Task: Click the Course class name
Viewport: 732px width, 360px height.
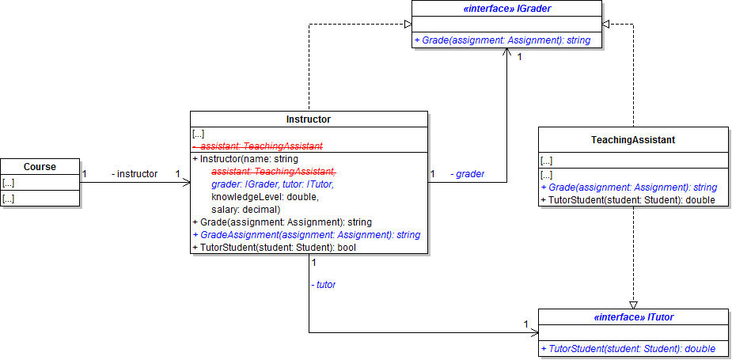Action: (40, 167)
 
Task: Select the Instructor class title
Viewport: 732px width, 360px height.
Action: (309, 119)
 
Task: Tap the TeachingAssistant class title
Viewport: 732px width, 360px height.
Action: (633, 140)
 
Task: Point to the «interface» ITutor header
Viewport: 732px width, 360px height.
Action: (633, 317)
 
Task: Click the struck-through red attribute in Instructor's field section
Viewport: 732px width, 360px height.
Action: (261, 146)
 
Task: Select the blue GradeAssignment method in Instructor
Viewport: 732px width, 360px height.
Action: (306, 235)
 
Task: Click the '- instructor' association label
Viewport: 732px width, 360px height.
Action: (135, 173)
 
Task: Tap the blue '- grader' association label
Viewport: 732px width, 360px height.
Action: (468, 173)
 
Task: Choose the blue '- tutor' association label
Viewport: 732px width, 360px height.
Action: (324, 283)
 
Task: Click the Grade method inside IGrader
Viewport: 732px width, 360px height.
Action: (502, 40)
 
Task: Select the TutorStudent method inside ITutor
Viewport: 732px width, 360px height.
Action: (628, 348)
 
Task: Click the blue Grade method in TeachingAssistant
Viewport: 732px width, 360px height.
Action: (628, 188)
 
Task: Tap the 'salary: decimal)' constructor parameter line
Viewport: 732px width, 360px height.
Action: (245, 210)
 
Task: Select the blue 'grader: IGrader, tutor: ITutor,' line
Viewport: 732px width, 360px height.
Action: (272, 184)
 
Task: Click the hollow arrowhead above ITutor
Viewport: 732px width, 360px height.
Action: (633, 304)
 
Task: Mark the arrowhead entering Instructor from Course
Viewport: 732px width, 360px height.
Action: (187, 183)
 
